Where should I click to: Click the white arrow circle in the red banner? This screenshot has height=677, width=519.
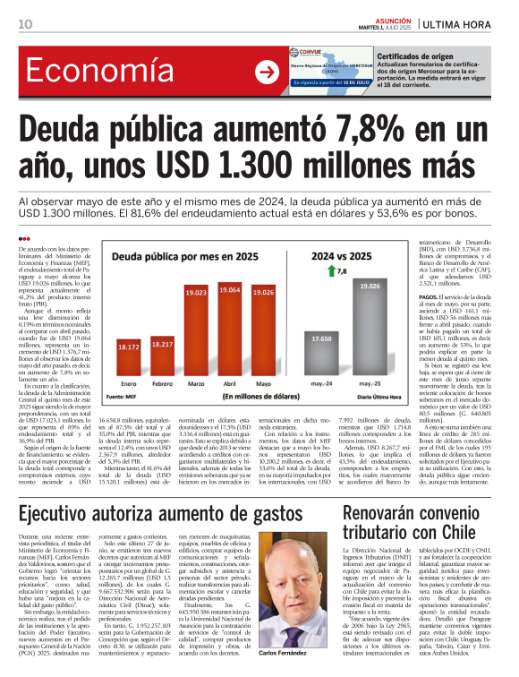267,73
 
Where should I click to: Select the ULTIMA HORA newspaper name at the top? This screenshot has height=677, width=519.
479,23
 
